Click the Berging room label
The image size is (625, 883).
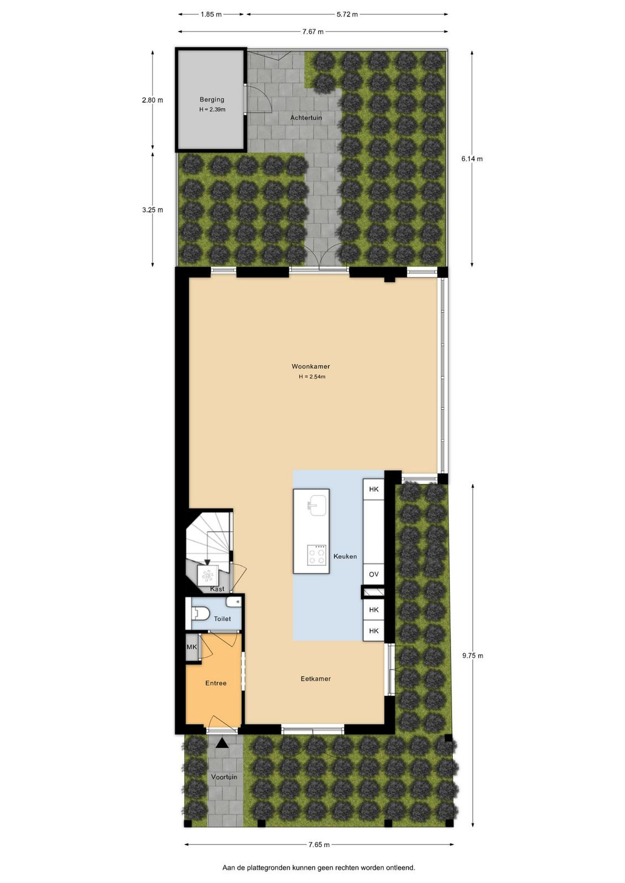[212, 100]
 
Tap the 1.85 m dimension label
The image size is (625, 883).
[211, 14]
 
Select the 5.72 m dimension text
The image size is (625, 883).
[347, 14]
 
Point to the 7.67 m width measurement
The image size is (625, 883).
[312, 32]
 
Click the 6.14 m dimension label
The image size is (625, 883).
[472, 159]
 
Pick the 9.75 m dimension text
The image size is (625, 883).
[473, 656]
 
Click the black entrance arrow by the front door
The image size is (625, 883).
[222, 743]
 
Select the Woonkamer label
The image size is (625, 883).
[311, 366]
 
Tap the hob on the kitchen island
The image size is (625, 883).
[316, 555]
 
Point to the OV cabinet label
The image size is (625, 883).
[373, 575]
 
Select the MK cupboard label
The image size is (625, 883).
[192, 647]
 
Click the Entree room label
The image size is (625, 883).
[216, 683]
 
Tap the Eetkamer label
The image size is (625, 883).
[315, 679]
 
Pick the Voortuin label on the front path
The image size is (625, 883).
[224, 777]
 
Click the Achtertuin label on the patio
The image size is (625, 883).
[306, 118]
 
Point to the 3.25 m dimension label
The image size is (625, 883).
[152, 210]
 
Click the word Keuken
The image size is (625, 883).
[345, 556]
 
